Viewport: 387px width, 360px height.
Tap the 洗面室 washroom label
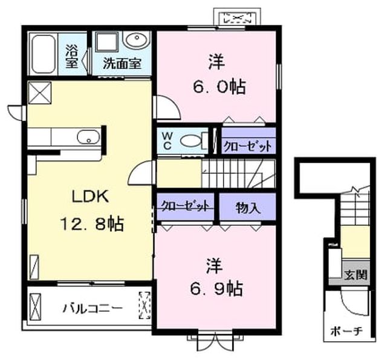pos(122,63)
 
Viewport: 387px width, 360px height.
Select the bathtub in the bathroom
pos(43,54)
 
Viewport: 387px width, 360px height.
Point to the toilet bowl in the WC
pos(191,141)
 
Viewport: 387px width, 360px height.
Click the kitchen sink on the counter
pos(88,137)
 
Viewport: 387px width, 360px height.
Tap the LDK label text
pos(90,197)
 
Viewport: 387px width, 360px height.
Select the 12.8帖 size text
pos(92,224)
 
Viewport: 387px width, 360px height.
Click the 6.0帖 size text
pos(219,87)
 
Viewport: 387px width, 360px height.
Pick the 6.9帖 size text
pos(216,289)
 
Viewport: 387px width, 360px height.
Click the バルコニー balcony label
pos(93,308)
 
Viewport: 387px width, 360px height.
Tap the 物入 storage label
pos(248,208)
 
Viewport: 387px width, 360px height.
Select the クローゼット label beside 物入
pos(186,206)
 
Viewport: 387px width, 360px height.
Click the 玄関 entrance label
pos(356,274)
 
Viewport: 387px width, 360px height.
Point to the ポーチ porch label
pos(346,331)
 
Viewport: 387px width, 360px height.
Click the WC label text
pos(167,141)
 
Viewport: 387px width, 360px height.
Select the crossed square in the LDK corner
pos(40,93)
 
